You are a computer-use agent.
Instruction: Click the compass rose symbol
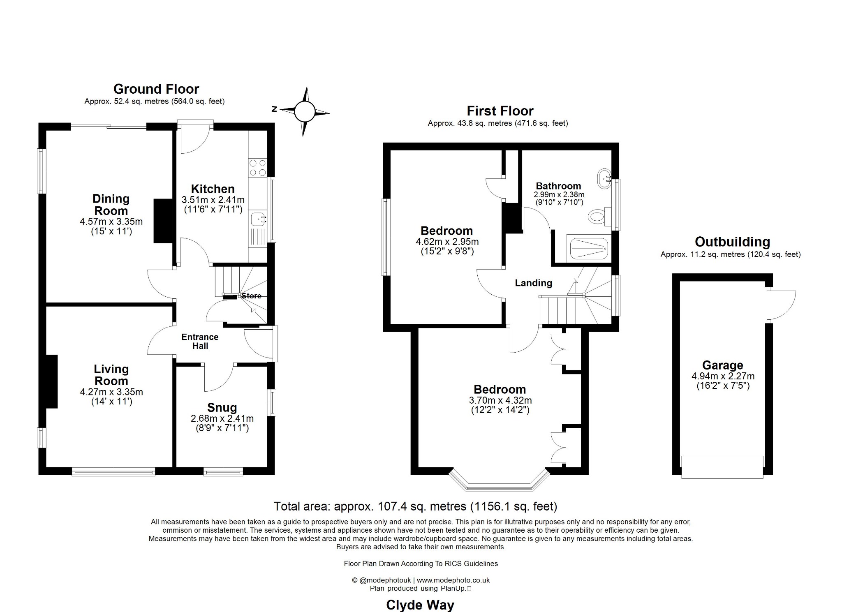305,111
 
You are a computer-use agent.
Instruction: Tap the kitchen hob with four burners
258,168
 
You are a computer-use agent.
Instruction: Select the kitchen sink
258,219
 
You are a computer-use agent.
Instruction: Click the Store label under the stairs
251,296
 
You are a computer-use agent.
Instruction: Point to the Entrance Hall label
200,342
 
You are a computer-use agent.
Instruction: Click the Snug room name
222,408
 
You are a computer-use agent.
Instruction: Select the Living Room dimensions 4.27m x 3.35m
111,392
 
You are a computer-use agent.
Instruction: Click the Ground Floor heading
156,89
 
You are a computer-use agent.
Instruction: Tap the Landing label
533,283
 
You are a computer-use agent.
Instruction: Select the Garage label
722,365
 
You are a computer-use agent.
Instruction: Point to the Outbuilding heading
732,242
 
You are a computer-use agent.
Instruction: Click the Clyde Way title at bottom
420,605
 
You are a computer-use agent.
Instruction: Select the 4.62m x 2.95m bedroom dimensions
447,242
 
